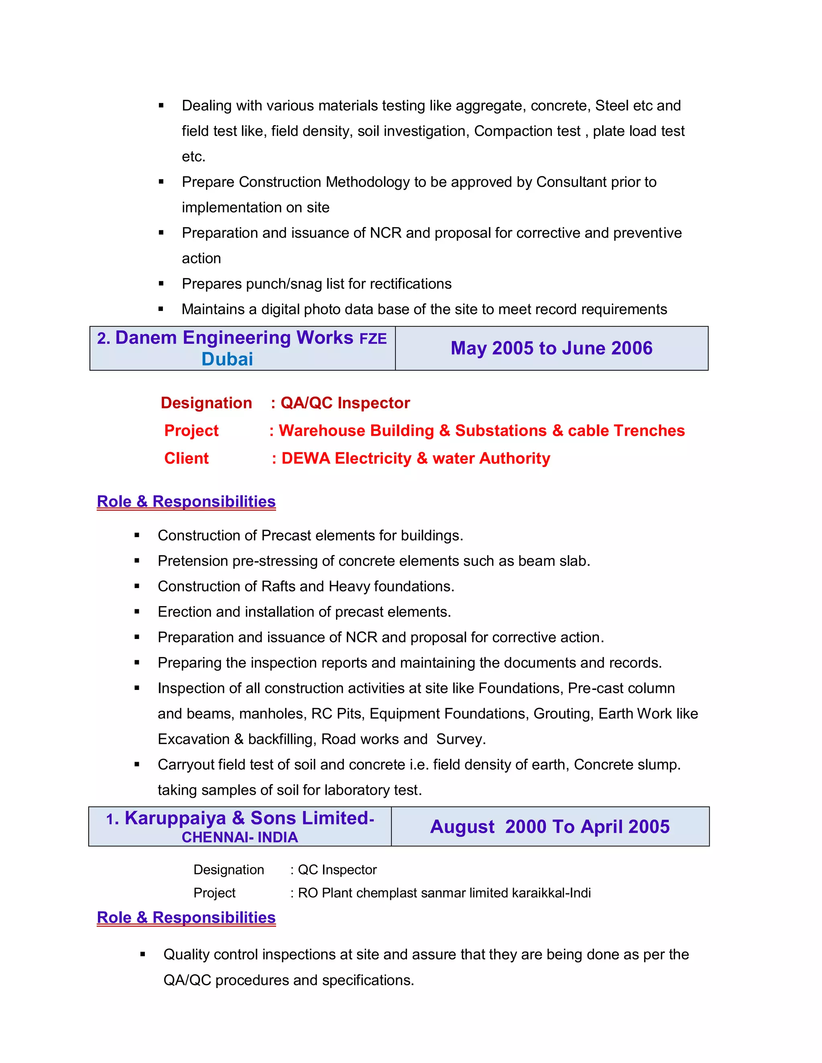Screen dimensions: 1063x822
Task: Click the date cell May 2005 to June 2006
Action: (551, 349)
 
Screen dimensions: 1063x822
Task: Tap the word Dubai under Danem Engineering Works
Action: (228, 359)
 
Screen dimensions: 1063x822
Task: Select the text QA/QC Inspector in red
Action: (345, 403)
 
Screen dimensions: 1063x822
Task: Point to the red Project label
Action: (191, 431)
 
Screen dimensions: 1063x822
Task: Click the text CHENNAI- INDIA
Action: (240, 838)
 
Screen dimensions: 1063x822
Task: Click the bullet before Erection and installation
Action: (137, 612)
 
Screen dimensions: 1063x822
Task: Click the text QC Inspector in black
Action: (337, 870)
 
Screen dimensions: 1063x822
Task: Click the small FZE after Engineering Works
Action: (373, 339)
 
